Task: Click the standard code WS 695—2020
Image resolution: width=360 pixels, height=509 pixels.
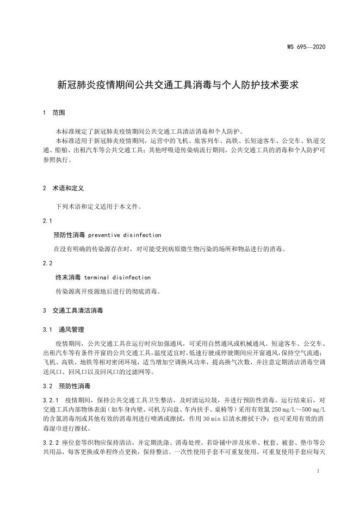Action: (x=306, y=47)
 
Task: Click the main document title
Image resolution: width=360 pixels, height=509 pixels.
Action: (x=179, y=85)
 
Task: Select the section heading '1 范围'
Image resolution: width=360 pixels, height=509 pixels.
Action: (x=53, y=113)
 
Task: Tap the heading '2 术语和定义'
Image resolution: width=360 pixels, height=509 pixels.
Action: (x=63, y=188)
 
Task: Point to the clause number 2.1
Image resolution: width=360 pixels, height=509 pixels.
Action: (x=47, y=221)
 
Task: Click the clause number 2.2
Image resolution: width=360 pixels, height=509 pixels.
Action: (x=47, y=263)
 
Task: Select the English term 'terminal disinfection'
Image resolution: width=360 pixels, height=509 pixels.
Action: (x=117, y=277)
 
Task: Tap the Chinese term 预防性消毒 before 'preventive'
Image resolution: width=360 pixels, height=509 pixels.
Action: (x=69, y=235)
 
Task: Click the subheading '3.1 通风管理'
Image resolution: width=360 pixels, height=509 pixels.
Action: (x=63, y=330)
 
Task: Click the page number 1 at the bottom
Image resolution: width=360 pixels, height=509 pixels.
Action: (x=316, y=471)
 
